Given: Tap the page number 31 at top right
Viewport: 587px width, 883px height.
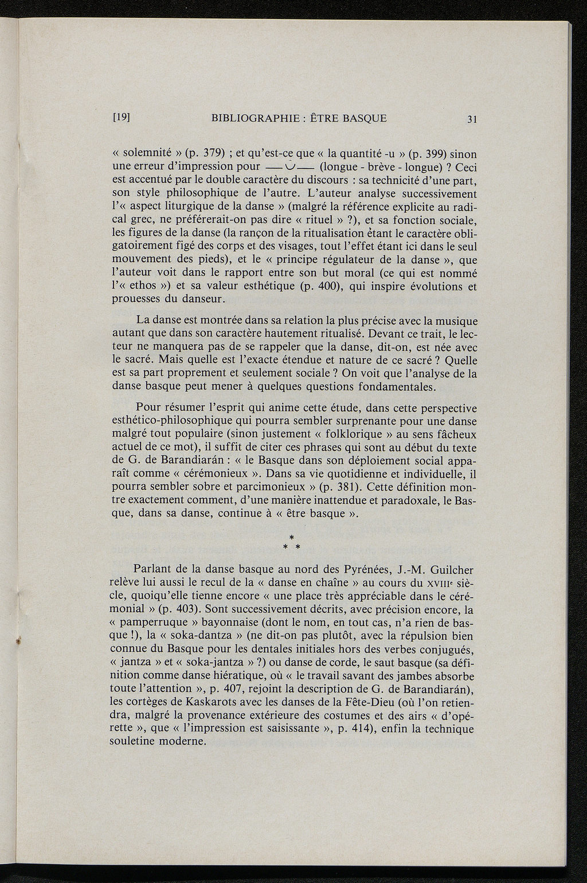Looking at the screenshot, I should [472, 119].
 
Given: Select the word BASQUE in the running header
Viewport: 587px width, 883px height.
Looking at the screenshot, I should [365, 118].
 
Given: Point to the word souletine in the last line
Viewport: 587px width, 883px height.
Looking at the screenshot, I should [133, 742].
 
